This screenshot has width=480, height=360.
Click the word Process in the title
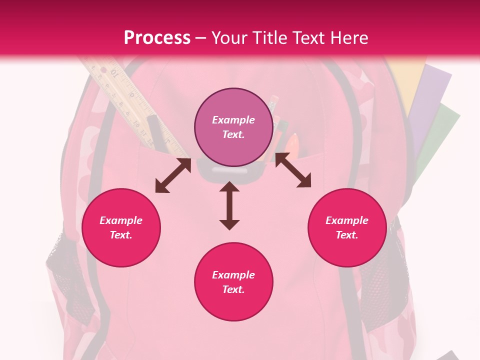click(x=157, y=38)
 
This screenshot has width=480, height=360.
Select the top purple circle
click(x=233, y=127)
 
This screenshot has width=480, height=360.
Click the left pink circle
click(x=121, y=227)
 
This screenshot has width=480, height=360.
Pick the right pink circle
click(x=347, y=227)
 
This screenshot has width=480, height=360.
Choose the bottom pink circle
click(x=233, y=282)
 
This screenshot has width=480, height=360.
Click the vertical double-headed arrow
click(x=229, y=206)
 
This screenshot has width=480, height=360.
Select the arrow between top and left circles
click(x=173, y=175)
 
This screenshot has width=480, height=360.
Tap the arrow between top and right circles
click(x=293, y=170)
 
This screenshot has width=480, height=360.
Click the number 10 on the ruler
click(x=114, y=74)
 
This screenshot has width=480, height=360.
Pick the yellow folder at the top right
click(x=406, y=80)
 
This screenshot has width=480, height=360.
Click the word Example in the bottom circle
click(x=233, y=275)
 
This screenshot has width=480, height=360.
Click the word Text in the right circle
click(x=346, y=235)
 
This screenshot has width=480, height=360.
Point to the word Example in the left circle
click(x=121, y=220)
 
